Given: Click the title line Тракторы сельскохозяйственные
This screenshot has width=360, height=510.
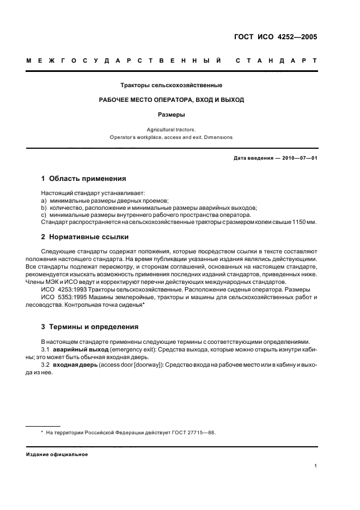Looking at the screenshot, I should [x=171, y=86].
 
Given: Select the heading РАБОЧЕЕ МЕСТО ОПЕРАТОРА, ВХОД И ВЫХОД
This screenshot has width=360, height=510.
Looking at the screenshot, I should [x=171, y=100].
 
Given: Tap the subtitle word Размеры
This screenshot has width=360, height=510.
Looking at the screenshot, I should [x=171, y=115].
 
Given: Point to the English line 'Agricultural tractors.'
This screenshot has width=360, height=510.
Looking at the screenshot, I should [x=171, y=130].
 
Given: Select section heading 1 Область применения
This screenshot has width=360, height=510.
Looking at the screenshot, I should [x=84, y=178].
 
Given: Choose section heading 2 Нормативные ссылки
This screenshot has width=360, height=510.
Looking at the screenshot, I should [x=86, y=237].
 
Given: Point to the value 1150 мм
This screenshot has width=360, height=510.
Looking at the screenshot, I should [x=305, y=222].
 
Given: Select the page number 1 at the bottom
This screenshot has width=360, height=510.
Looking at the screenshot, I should [x=315, y=466].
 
